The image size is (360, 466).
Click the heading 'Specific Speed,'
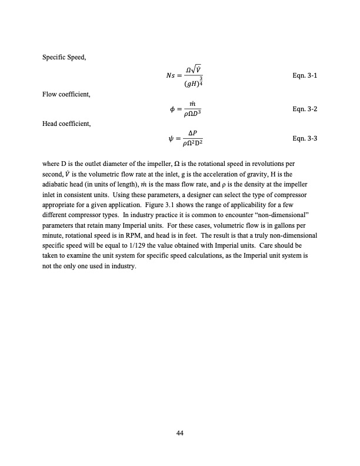pos(63,56)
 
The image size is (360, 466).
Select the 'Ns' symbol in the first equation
pos(172,76)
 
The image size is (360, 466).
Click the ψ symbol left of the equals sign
pos(172,139)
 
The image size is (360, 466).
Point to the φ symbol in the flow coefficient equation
pos(172,110)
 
